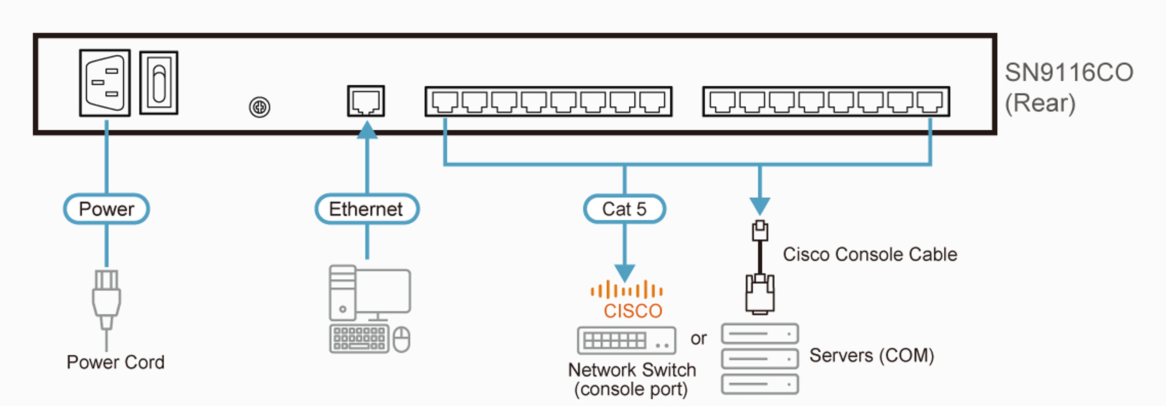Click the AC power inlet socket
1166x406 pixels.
click(104, 83)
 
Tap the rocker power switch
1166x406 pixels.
click(159, 83)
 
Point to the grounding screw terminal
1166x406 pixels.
click(259, 107)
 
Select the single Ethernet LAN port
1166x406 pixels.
click(366, 101)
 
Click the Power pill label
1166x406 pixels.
click(106, 209)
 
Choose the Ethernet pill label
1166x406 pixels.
click(366, 209)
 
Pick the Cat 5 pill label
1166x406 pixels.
click(624, 209)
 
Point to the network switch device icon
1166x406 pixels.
click(626, 340)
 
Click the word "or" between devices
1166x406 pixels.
click(698, 338)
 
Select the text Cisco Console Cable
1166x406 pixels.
click(870, 254)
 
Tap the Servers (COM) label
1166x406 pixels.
click(871, 355)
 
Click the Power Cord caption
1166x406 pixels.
click(115, 362)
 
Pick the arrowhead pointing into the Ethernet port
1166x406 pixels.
click(367, 130)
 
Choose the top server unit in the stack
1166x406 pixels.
click(759, 334)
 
